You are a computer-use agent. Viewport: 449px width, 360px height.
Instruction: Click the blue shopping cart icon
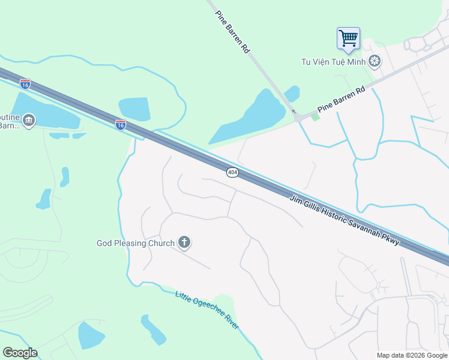[x=348, y=39]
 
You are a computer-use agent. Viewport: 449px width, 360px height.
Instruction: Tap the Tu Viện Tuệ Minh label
[x=333, y=61]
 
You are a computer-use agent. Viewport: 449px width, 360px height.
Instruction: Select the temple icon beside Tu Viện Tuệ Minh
[x=375, y=61]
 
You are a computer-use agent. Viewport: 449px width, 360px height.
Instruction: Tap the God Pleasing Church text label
[x=136, y=243]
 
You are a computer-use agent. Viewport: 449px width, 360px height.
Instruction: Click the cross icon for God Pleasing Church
[x=184, y=243]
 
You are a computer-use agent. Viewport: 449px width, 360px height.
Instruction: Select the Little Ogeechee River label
[x=206, y=310]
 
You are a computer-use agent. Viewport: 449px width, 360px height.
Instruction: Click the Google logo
[x=20, y=353]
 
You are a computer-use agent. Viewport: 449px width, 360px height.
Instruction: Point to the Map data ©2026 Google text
[x=412, y=355]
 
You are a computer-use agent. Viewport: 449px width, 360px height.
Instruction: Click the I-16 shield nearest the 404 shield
[x=121, y=124]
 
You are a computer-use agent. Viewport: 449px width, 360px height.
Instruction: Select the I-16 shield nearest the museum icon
[x=25, y=84]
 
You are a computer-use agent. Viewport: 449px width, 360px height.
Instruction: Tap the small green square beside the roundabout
[x=315, y=116]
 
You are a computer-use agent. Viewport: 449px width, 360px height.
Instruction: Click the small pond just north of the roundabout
[x=292, y=94]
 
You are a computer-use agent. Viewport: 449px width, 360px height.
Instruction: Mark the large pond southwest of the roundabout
[x=252, y=120]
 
